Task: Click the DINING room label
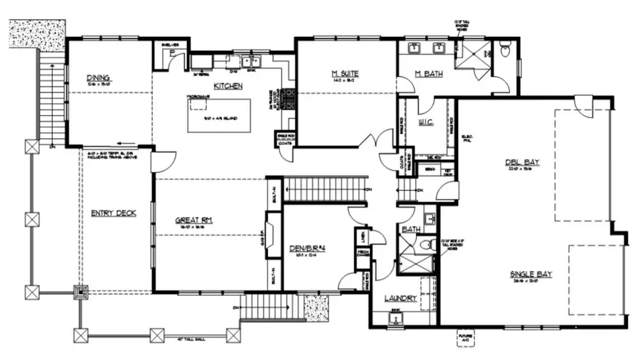tap(97, 78)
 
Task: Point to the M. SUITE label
tap(344, 73)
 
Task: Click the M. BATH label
tap(428, 75)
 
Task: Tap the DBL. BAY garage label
tap(523, 162)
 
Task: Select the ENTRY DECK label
tap(113, 213)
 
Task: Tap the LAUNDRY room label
tap(400, 298)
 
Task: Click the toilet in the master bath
tap(505, 51)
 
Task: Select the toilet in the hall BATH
tap(426, 244)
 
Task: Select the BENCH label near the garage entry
tap(430, 170)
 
